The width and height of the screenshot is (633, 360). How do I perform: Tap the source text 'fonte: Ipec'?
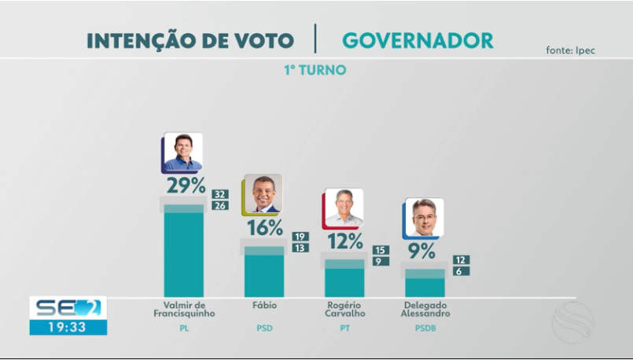click(570, 50)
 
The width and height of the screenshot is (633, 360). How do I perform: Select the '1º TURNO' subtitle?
click(315, 70)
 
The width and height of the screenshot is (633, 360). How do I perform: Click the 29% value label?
click(186, 186)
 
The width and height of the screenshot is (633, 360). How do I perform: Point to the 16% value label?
click(265, 228)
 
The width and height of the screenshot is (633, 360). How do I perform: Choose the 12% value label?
click(345, 241)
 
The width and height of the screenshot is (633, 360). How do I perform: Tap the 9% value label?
click(421, 251)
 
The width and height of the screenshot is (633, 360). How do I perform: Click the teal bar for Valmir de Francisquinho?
click(183, 252)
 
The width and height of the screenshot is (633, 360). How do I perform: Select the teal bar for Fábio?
click(264, 274)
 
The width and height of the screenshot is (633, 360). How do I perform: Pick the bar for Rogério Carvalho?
click(344, 281)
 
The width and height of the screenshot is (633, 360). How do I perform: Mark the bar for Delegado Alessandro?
click(424, 285)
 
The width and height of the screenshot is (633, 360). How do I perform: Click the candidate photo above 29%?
click(182, 152)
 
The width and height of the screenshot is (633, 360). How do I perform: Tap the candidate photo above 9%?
click(423, 218)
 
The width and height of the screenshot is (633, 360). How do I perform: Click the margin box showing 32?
click(219, 194)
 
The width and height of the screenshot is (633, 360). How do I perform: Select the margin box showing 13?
click(300, 248)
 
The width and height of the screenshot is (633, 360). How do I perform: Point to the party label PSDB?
click(425, 329)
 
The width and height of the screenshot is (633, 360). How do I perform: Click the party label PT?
click(344, 329)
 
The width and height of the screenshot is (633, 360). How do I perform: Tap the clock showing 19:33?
click(68, 327)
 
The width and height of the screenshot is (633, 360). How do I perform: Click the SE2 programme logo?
click(68, 307)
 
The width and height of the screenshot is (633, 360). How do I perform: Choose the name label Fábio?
click(264, 305)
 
